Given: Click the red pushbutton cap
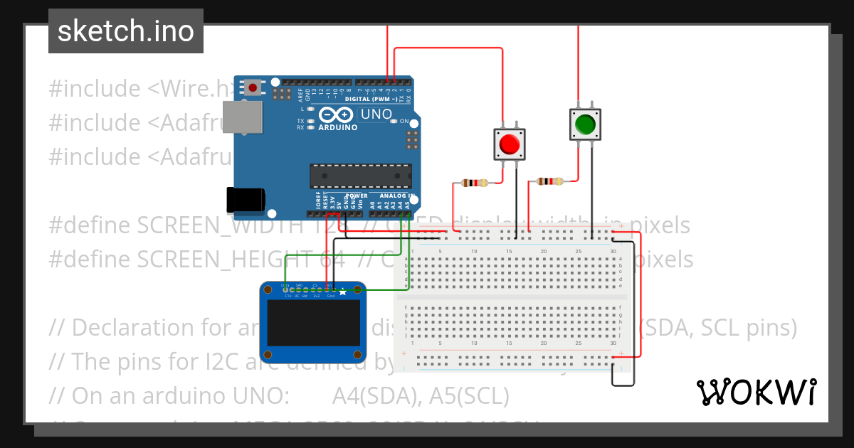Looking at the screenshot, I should pos(510,144).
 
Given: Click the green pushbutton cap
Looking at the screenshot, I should pos(585,124).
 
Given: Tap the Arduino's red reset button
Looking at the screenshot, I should pos(253,87).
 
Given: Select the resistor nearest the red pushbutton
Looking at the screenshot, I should pos(474,183).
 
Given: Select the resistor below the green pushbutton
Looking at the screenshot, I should pos(549,181).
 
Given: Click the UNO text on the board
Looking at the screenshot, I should pos(376,114).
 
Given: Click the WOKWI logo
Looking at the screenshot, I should pos(756,392).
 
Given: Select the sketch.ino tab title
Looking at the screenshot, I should pos(126,31).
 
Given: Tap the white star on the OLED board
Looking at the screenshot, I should pos(343,291).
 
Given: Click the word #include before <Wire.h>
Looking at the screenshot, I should pos(95,89).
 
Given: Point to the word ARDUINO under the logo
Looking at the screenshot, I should pos(337,128).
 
